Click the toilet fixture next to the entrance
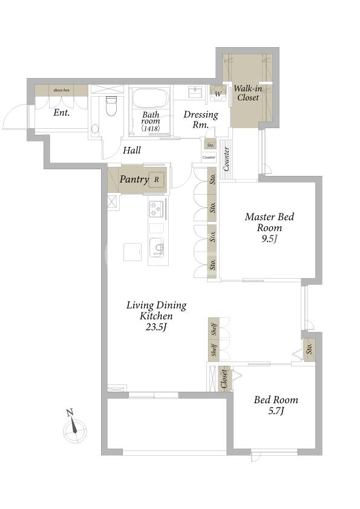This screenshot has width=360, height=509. [x=111, y=106]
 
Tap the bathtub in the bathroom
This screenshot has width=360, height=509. [x=150, y=99]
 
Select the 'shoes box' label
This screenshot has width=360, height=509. [x=61, y=90]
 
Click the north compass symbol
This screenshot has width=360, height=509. [x=74, y=428]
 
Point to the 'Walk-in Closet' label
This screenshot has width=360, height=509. [x=248, y=93]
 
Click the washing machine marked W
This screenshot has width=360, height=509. [x=218, y=94]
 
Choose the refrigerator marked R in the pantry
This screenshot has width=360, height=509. [x=157, y=180]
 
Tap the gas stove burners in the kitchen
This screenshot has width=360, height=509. [x=155, y=209]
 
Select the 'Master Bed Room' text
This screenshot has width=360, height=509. [x=269, y=222]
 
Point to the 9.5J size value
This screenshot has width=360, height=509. [x=269, y=239]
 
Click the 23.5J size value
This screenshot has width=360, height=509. [x=156, y=327]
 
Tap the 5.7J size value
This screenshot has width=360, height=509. [x=276, y=411]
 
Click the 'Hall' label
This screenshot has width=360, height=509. [x=131, y=150]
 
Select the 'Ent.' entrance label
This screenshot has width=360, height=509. [x=62, y=112]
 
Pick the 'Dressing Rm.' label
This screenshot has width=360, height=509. [x=201, y=119]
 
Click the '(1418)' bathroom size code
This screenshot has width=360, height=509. [x=151, y=128]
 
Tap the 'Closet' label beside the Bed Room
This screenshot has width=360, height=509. [x=224, y=379]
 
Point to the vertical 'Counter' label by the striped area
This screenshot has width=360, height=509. [x=226, y=159]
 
